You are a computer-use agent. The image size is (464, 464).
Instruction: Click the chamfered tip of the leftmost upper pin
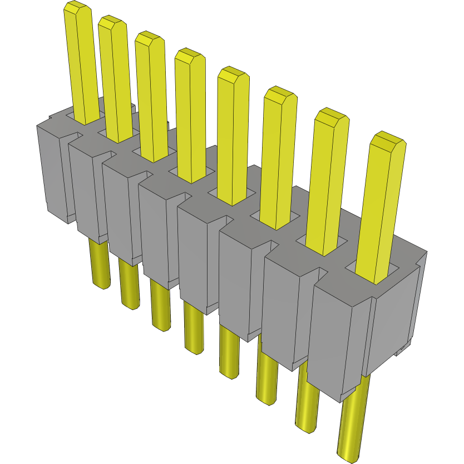tap(77, 8)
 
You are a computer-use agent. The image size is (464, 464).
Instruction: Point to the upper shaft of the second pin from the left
tap(116, 83)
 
